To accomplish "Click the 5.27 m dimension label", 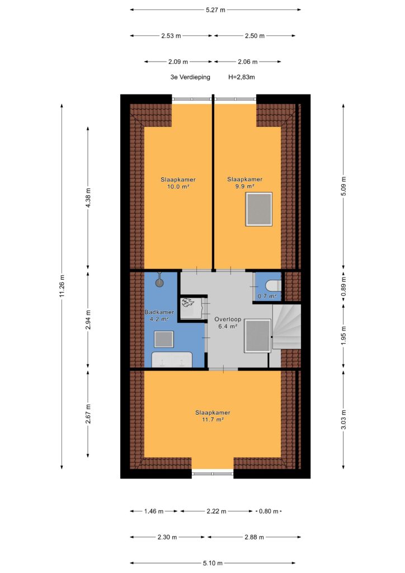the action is (x=215, y=10).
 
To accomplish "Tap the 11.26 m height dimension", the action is (x=62, y=286).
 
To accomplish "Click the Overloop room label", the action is (x=228, y=319).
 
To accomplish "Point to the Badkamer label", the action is (x=159, y=312).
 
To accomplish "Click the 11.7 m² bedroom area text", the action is (x=213, y=420).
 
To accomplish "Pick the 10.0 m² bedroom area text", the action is (x=178, y=186).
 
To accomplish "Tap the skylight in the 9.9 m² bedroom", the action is (x=259, y=209).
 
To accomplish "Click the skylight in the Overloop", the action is (x=257, y=336).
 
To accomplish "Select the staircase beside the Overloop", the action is (x=286, y=326).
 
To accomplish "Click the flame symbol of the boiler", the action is (x=187, y=302).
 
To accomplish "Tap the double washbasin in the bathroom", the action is (x=172, y=360).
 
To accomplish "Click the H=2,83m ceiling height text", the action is (x=242, y=77).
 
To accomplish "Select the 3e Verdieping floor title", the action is (x=190, y=77).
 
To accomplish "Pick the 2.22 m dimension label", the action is (x=216, y=511).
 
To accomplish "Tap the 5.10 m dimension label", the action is (x=213, y=563).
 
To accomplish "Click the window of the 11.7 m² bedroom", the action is (x=213, y=473).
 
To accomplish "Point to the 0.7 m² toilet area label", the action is (x=267, y=296).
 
